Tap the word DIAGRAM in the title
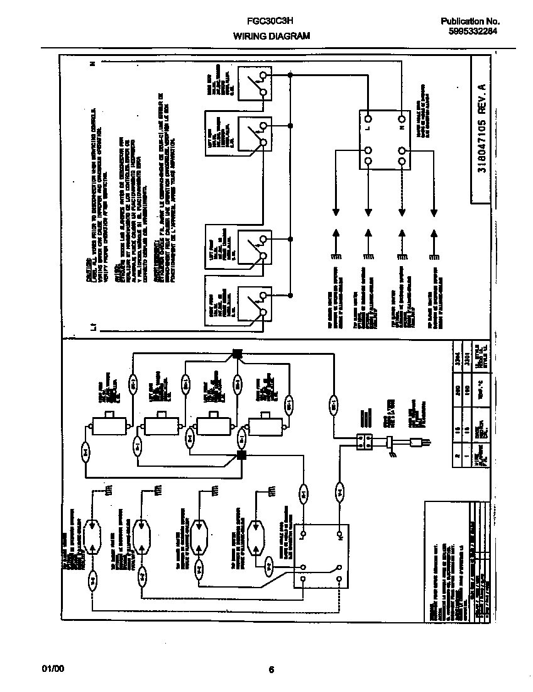(289, 36)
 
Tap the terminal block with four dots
(365, 442)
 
